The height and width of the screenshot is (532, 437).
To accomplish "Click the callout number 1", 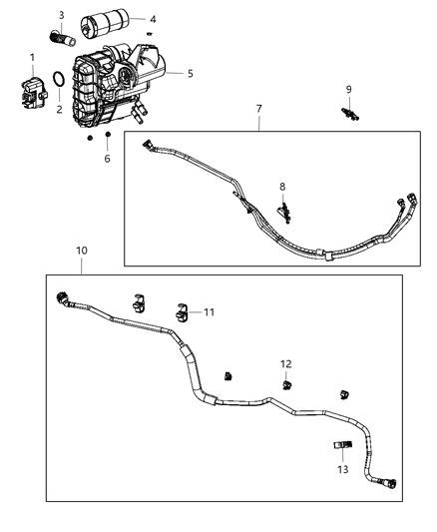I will click(31, 57).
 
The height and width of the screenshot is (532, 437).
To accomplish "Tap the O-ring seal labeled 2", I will click(60, 81).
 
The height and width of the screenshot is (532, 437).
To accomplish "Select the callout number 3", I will click(61, 15).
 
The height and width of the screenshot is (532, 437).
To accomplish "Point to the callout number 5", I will click(191, 73).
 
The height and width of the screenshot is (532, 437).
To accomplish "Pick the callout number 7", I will click(259, 107).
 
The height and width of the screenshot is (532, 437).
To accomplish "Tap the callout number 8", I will click(282, 186).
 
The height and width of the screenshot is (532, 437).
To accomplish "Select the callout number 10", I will click(81, 251).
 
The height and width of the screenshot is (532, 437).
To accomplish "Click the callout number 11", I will click(210, 312).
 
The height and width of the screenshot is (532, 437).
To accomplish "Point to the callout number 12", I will click(285, 363).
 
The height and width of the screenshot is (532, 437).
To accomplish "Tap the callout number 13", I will click(342, 469).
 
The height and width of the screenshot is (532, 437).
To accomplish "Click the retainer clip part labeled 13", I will click(342, 445).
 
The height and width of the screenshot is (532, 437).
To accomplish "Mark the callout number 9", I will click(348, 89).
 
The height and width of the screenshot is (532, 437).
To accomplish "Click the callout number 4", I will click(153, 18).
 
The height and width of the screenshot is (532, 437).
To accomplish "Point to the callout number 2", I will click(59, 109).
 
